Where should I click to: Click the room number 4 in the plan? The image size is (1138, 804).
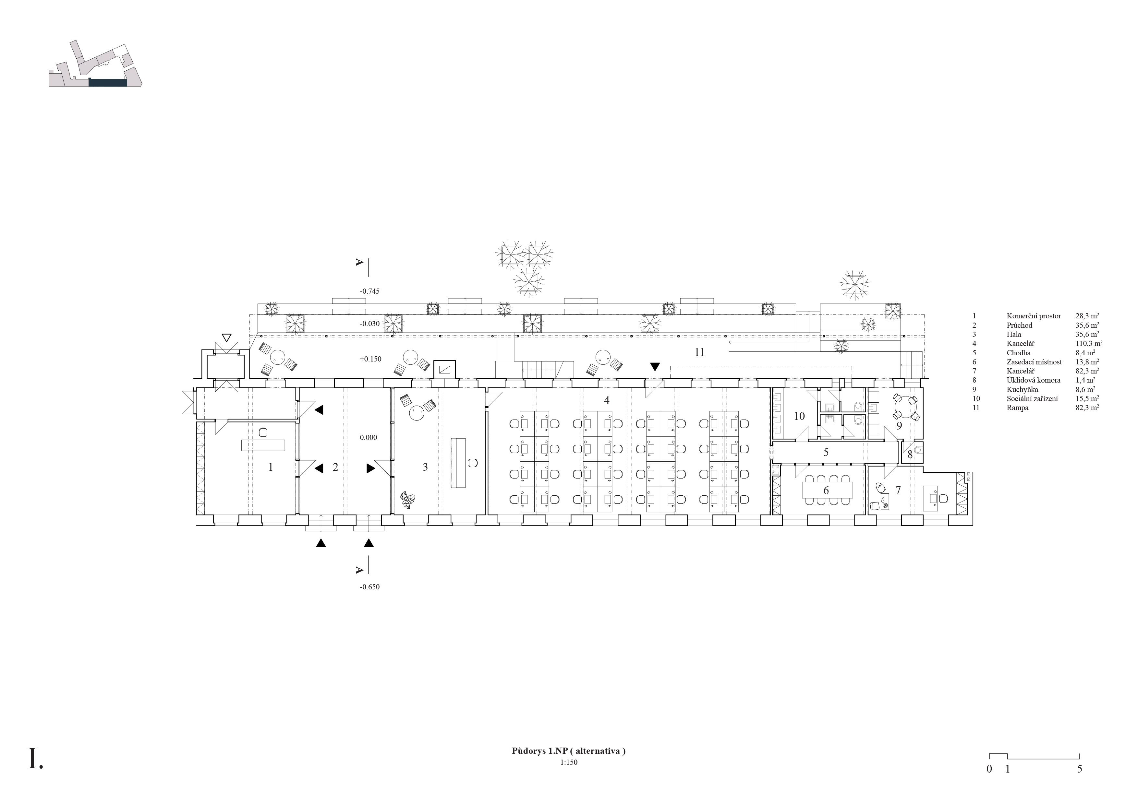606,400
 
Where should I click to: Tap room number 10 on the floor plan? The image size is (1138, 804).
799,416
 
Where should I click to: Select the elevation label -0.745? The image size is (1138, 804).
370,291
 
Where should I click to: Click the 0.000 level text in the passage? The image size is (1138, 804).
368,437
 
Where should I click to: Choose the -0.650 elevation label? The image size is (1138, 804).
370,587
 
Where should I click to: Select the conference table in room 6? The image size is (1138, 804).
828,490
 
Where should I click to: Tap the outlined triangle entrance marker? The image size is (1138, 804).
226,338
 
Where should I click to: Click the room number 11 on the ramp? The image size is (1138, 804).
699,353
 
